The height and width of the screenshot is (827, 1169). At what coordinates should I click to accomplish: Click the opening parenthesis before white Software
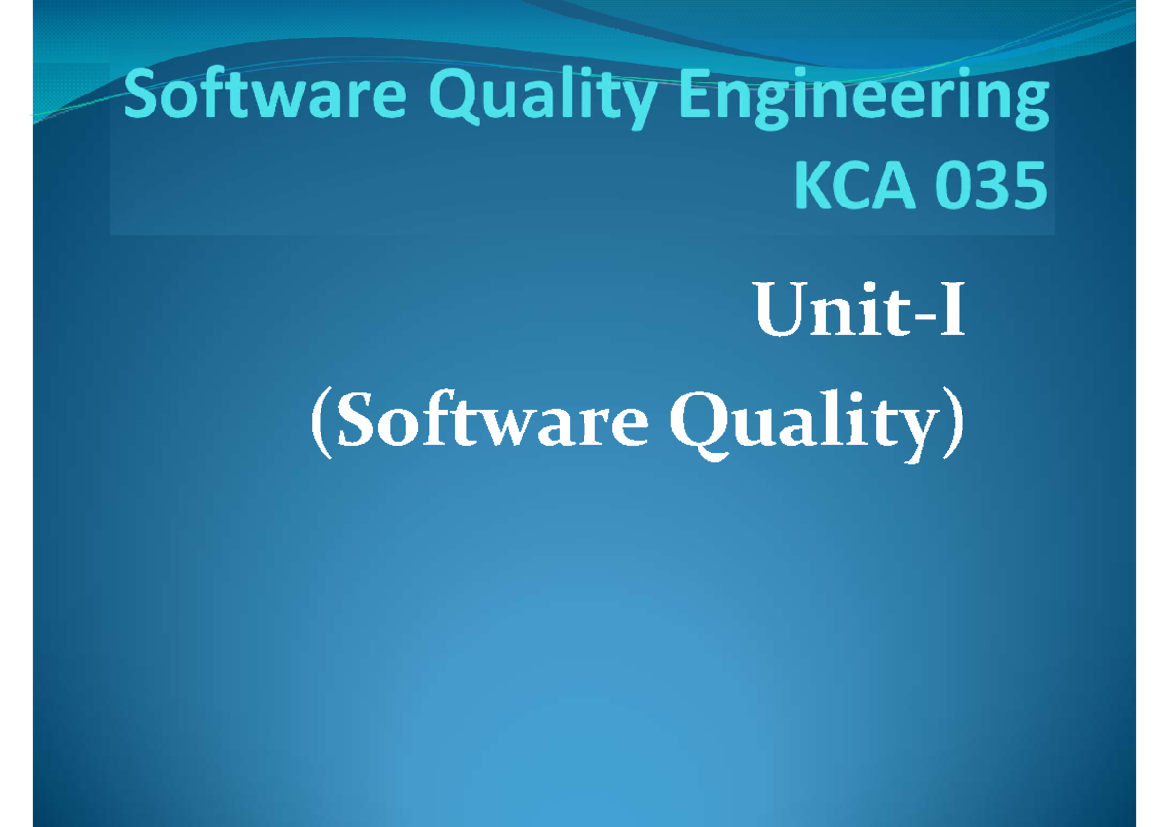319,429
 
